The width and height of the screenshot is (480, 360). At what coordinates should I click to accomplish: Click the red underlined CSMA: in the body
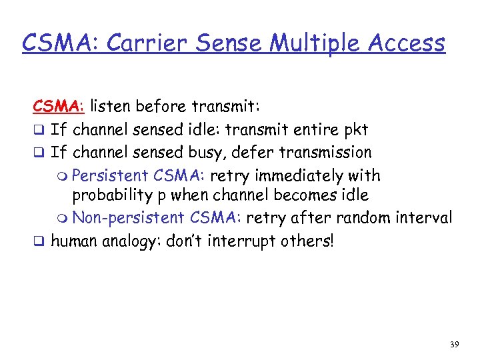click(x=59, y=105)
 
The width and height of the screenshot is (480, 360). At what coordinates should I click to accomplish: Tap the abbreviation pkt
click(x=355, y=129)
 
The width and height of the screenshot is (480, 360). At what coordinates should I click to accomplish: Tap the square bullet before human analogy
click(x=39, y=241)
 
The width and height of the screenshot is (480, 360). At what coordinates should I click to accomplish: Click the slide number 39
click(x=453, y=344)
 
